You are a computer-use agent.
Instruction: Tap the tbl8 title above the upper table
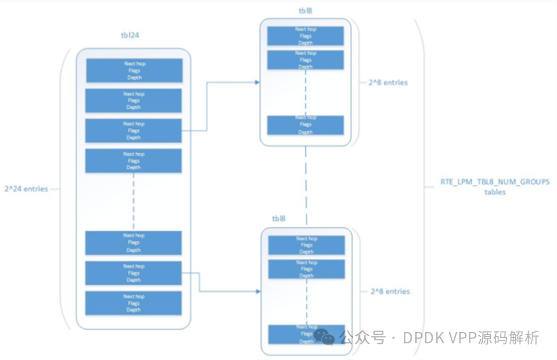click(x=305, y=10)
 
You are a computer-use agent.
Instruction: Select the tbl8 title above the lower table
click(x=278, y=218)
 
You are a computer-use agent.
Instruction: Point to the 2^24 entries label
click(x=26, y=189)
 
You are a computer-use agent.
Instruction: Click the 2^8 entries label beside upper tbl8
click(x=388, y=83)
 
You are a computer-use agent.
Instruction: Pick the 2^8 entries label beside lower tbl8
click(x=390, y=291)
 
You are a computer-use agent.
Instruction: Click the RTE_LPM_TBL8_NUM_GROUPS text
click(x=495, y=182)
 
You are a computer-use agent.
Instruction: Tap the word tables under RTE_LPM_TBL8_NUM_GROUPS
click(x=495, y=192)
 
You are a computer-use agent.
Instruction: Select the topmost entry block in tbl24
click(x=134, y=71)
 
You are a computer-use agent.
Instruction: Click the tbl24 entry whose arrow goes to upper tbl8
click(x=134, y=131)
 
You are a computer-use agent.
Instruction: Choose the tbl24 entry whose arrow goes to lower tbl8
click(x=134, y=273)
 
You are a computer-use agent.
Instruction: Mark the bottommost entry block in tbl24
click(x=134, y=303)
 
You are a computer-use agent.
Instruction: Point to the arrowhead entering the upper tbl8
click(x=257, y=82)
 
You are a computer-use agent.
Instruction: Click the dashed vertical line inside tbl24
click(x=134, y=201)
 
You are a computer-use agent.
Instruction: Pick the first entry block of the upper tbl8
click(x=305, y=36)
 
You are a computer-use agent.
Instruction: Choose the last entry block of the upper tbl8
click(x=305, y=125)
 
